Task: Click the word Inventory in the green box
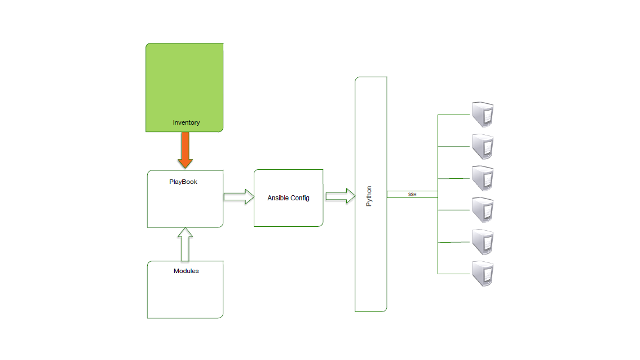click(x=186, y=122)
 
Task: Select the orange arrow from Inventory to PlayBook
click(x=185, y=150)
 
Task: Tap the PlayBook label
click(x=183, y=182)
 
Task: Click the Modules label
click(x=186, y=271)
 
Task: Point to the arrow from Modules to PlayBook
click(x=185, y=244)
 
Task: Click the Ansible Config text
click(x=288, y=198)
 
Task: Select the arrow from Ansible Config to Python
click(x=340, y=196)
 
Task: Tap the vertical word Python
click(x=369, y=196)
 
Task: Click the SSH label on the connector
click(x=412, y=194)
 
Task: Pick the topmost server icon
click(x=483, y=115)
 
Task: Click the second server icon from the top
click(x=483, y=147)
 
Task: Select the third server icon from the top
click(x=483, y=178)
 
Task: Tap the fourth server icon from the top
click(x=483, y=210)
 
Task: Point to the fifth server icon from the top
click(x=483, y=242)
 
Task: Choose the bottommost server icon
click(x=483, y=274)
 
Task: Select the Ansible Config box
click(x=288, y=214)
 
